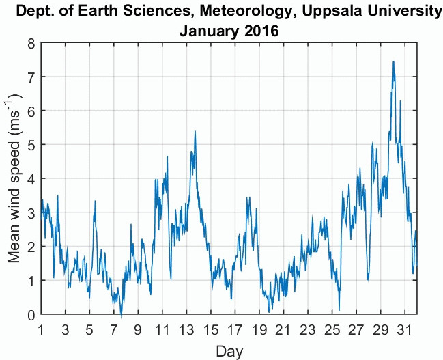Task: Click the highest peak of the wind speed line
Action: (x=393, y=61)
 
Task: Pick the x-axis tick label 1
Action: (x=41, y=328)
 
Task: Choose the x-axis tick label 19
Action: (x=259, y=328)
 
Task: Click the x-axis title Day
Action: (x=227, y=351)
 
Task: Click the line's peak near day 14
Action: (x=195, y=131)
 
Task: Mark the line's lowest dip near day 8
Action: (x=122, y=316)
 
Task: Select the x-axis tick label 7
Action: (x=114, y=328)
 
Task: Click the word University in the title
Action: (x=394, y=12)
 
